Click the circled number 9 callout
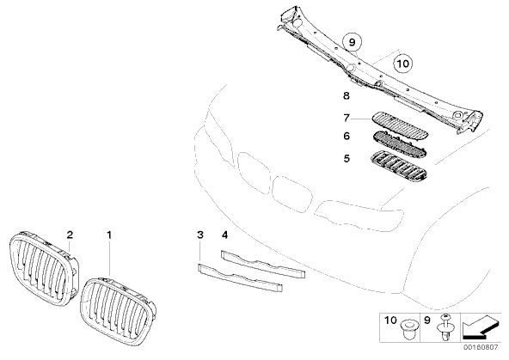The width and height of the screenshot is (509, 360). coord(353,42)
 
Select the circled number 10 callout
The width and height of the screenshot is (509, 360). coord(403,64)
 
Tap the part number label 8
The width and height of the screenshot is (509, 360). coord(346,95)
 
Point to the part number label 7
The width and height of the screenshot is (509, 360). coord(346,118)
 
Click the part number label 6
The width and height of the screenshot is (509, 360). coord(346,136)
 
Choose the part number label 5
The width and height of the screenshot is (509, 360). coord(346,158)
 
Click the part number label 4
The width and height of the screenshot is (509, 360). coord(224,235)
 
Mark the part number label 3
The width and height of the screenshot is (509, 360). coord(200,235)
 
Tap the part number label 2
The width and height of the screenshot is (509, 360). coord(70,235)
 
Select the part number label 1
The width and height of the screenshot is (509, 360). coord(109,235)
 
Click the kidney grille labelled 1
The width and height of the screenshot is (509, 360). coord(118,311)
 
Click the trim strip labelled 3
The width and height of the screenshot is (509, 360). coord(240,278)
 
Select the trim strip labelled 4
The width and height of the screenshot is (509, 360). coord(263,264)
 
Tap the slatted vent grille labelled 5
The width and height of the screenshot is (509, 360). coord(399,166)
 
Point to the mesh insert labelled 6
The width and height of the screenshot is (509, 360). coord(399,145)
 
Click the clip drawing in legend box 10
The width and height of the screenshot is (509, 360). coord(408,328)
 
